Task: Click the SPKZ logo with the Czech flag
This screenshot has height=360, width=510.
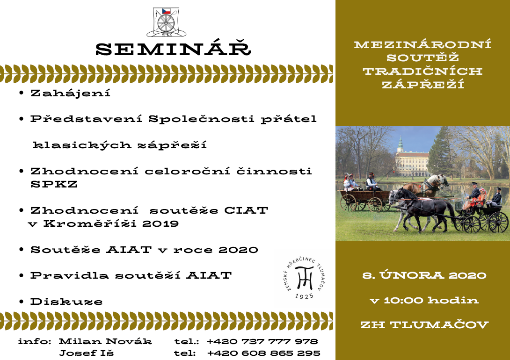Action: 166,22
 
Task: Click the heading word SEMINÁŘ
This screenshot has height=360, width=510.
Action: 173,49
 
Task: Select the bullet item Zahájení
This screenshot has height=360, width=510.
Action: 70,93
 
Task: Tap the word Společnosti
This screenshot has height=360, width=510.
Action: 201,119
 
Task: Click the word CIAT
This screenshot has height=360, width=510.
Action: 246,210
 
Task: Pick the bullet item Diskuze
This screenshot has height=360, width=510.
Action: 66,302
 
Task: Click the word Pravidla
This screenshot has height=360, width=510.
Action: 69,275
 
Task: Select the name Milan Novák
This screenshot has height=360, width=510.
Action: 105,341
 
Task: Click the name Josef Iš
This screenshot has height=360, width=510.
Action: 87,353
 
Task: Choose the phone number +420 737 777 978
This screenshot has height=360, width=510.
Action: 262,341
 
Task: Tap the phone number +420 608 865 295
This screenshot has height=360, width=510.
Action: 263,353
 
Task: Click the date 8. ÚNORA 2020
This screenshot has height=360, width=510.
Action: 424,275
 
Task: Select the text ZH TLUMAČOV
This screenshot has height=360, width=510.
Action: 424,324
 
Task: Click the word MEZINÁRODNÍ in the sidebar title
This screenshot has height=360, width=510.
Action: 423,44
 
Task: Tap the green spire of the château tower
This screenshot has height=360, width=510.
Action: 400,144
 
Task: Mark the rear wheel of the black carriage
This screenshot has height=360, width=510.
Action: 498,222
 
